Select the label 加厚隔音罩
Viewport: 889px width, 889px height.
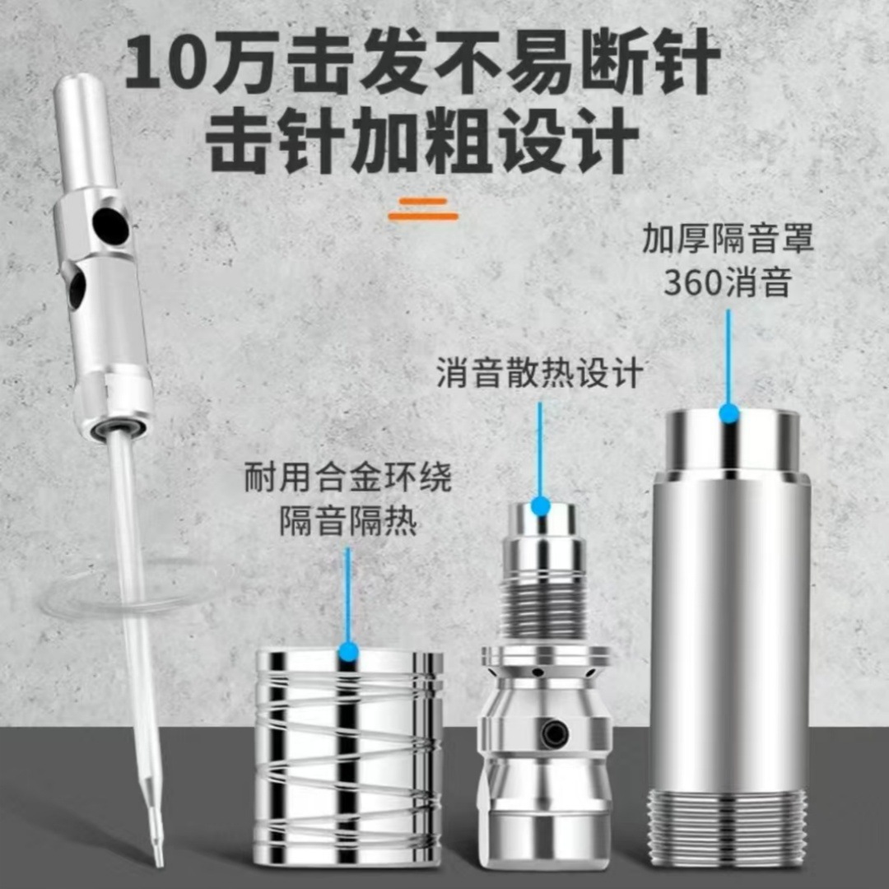coord(728,240)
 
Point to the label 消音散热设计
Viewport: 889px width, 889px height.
coord(539,374)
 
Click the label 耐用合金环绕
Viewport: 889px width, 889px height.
coord(347,478)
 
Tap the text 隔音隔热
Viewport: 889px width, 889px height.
coord(347,522)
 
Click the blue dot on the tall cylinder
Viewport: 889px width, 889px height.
coord(728,414)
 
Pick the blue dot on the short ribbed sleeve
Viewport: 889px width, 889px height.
coord(347,654)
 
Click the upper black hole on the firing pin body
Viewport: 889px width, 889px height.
coord(110,226)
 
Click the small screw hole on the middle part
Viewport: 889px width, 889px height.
coord(557,729)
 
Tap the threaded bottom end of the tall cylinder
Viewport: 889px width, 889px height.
coord(728,827)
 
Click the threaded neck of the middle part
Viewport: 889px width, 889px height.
coord(542,606)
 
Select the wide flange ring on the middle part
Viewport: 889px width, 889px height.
coord(546,656)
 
